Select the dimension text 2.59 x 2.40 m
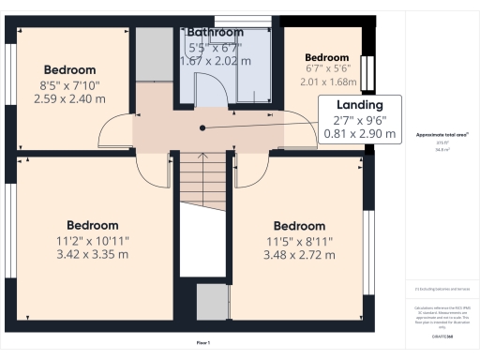coord(69,97)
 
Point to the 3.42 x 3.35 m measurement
coord(92,253)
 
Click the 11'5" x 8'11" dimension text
coord(299,241)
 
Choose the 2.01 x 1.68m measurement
coord(327,82)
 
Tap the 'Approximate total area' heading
coord(442,135)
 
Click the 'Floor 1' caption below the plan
coord(202,342)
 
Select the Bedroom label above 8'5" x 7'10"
coord(69,69)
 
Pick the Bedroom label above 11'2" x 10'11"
coord(92,225)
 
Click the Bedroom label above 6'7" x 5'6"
coord(327,57)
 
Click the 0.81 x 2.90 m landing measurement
coord(360,133)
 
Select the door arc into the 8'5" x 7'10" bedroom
coord(114,132)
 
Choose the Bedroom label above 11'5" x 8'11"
coord(299,226)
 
